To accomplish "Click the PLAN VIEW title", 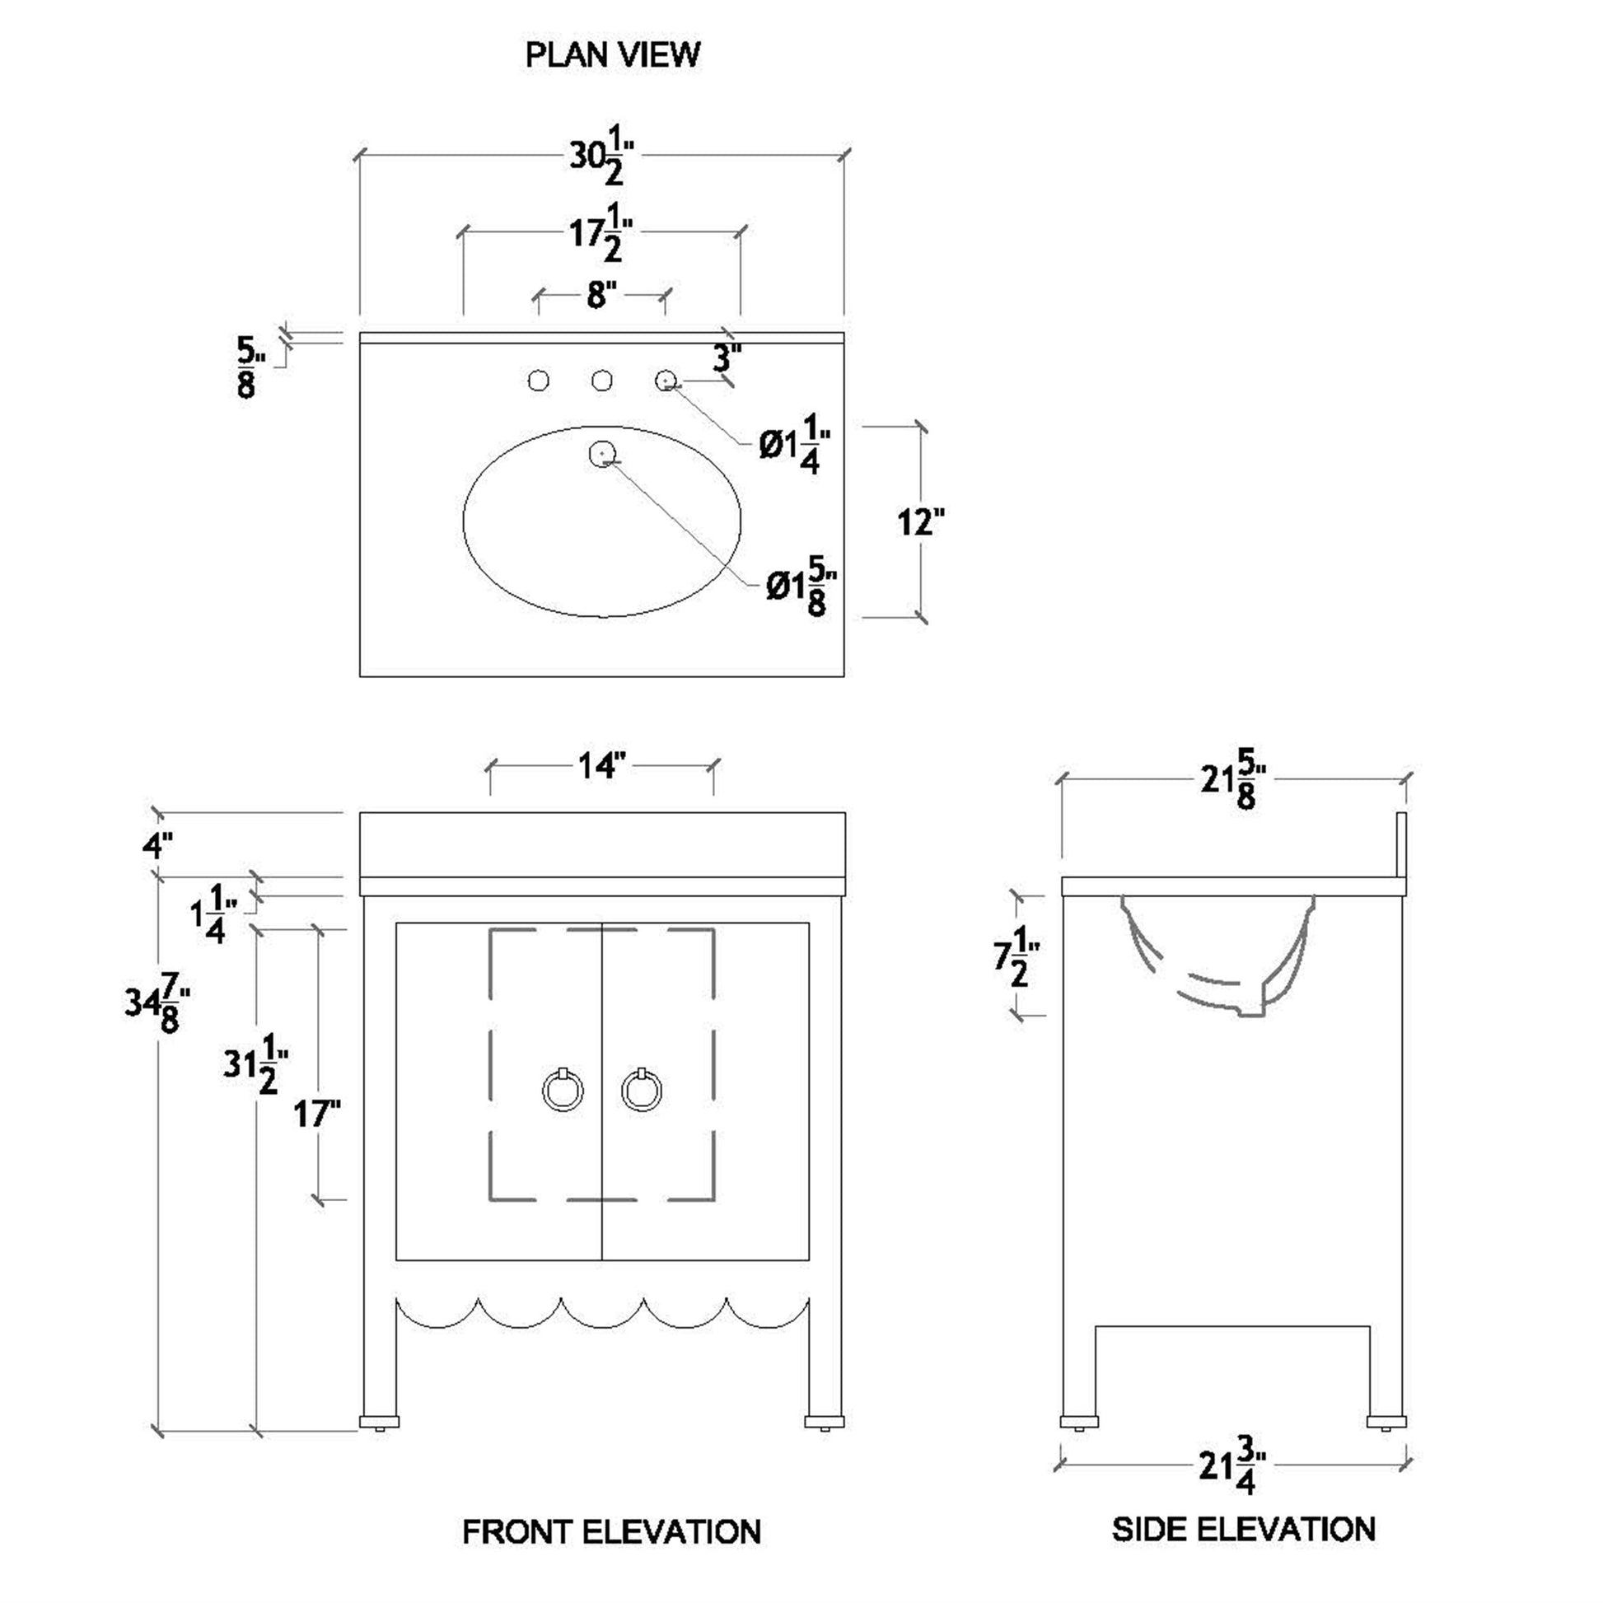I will coord(612,54).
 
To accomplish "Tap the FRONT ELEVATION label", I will coord(611,1531).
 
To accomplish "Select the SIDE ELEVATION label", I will coord(1244,1529).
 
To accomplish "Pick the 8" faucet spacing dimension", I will coord(601,295).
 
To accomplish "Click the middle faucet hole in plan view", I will coord(601,381).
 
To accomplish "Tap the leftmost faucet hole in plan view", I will coord(538,381).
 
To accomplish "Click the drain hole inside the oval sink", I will coord(601,453).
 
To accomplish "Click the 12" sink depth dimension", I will coord(921,523).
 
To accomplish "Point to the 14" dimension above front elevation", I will coord(601,766).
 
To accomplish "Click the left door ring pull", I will coord(563,1091).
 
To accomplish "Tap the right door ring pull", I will coord(642,1091).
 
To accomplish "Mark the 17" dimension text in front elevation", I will coord(317,1114).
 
